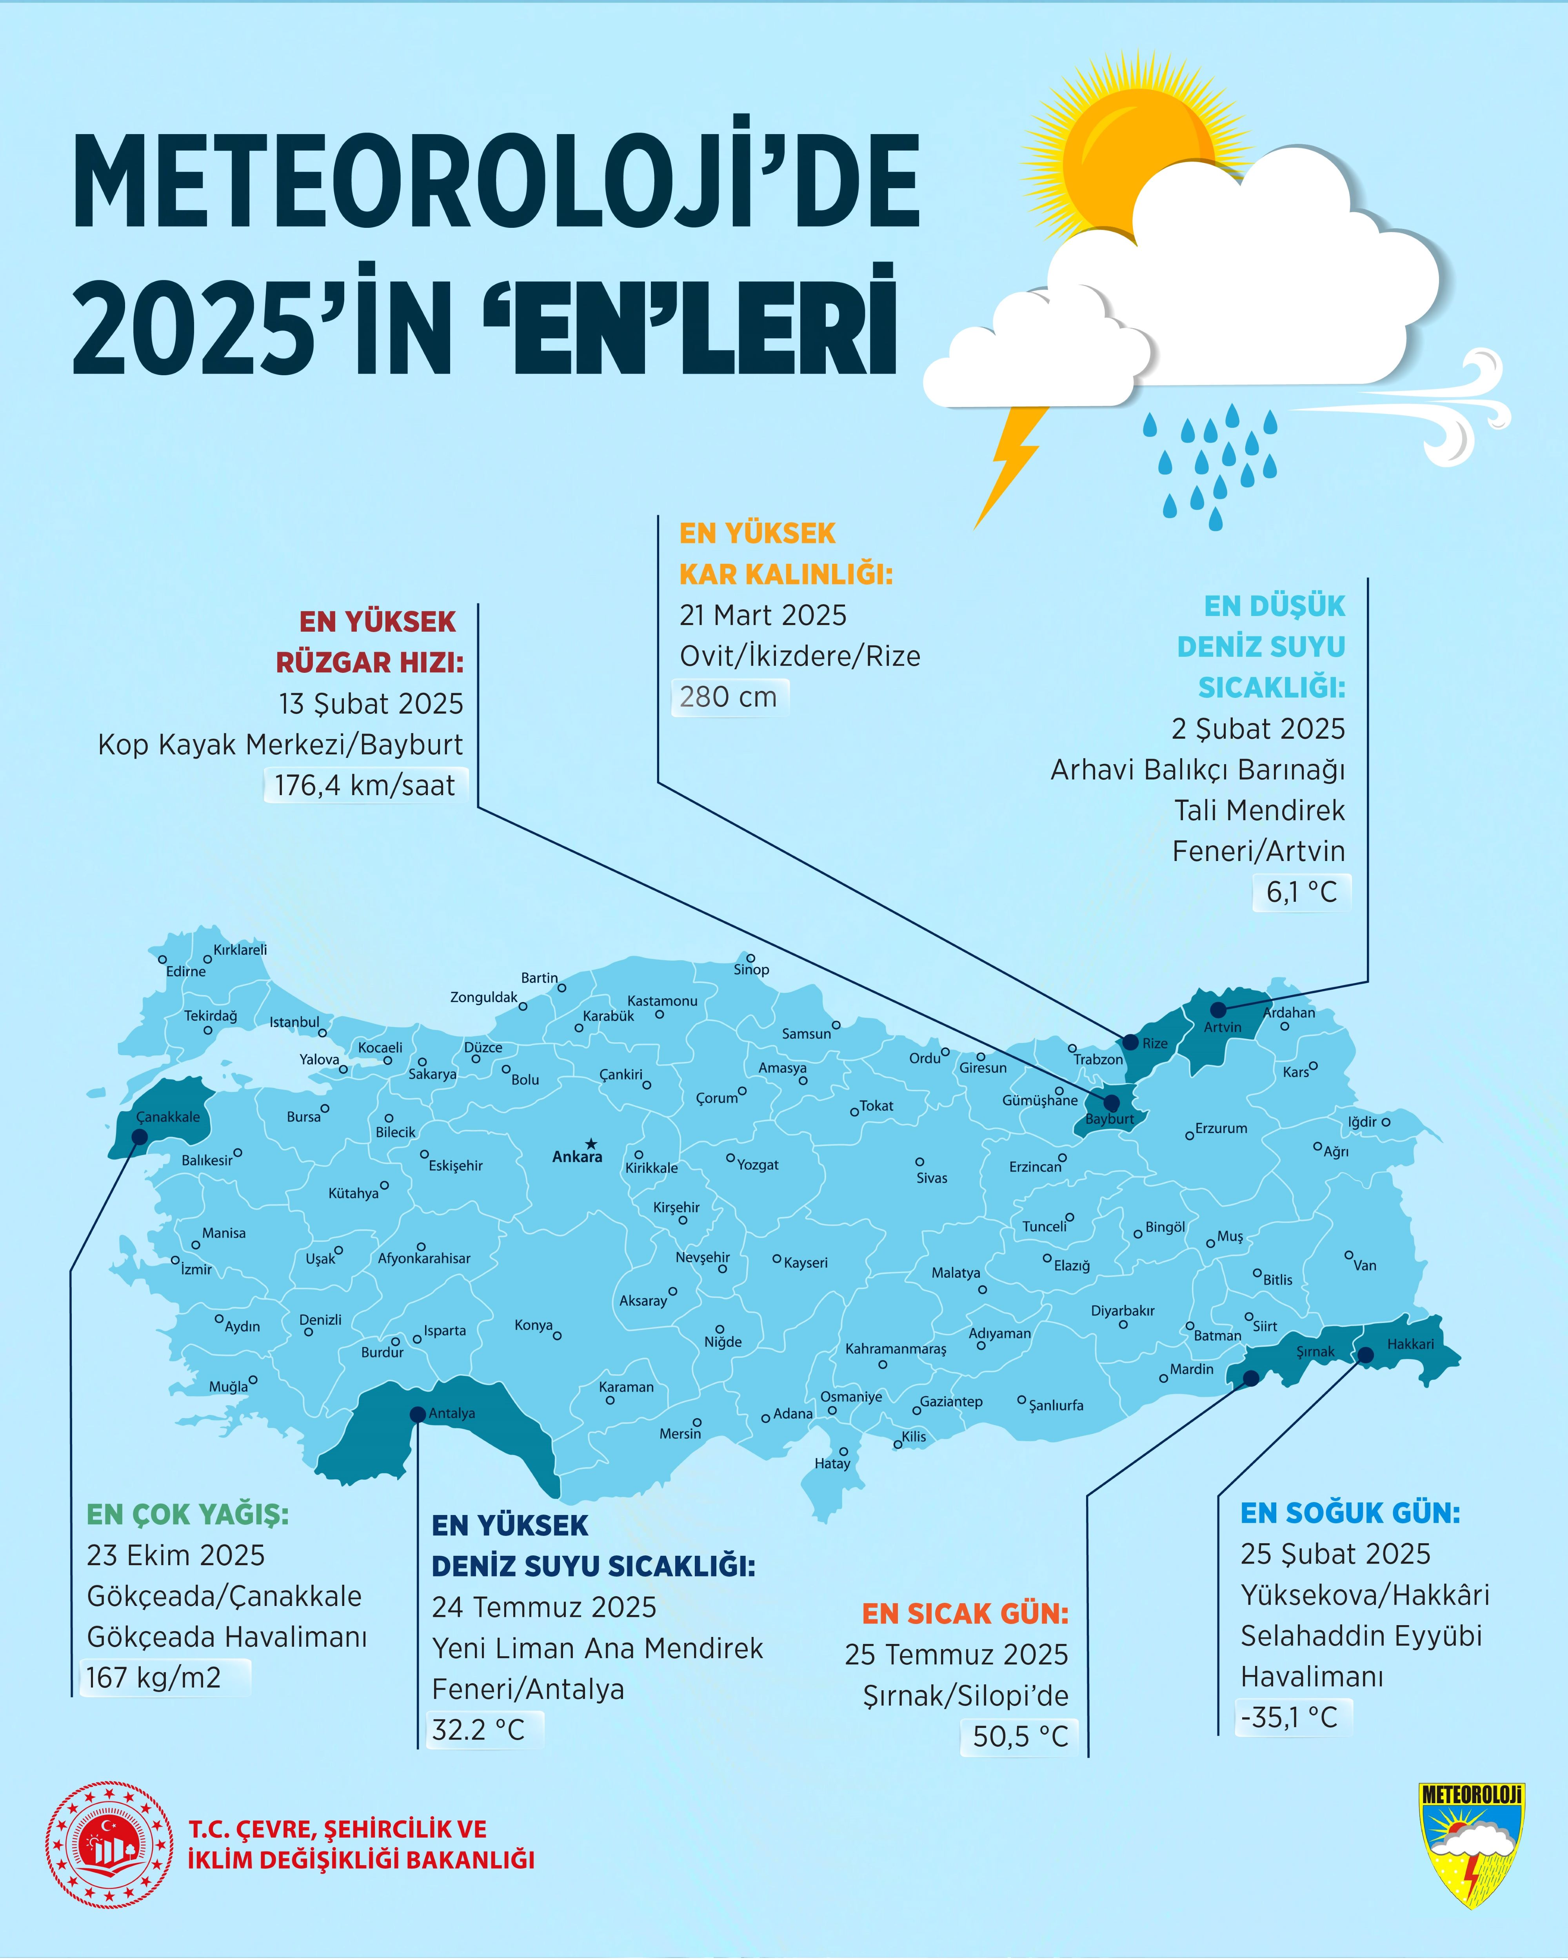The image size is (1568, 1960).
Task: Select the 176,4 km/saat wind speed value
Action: tap(365, 785)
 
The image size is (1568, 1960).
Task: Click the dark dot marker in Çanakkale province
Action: tap(140, 1137)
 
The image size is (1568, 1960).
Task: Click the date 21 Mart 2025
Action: tap(763, 616)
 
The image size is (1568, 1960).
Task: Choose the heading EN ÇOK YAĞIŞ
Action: tap(187, 1515)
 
